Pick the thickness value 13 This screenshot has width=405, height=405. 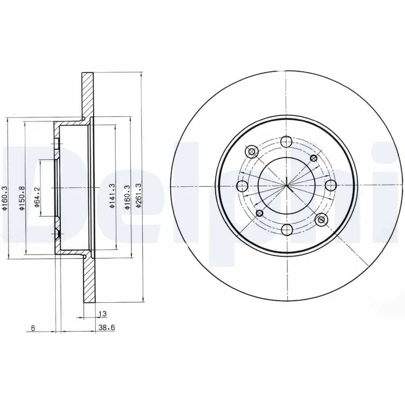tap(102, 314)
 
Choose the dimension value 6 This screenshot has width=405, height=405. tap(32, 328)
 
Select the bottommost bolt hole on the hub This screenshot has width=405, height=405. tap(286, 230)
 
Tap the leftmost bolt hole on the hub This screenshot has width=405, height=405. tap(242, 185)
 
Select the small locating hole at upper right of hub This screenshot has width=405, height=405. tap(314, 158)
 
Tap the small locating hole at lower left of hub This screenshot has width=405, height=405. tap(259, 213)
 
